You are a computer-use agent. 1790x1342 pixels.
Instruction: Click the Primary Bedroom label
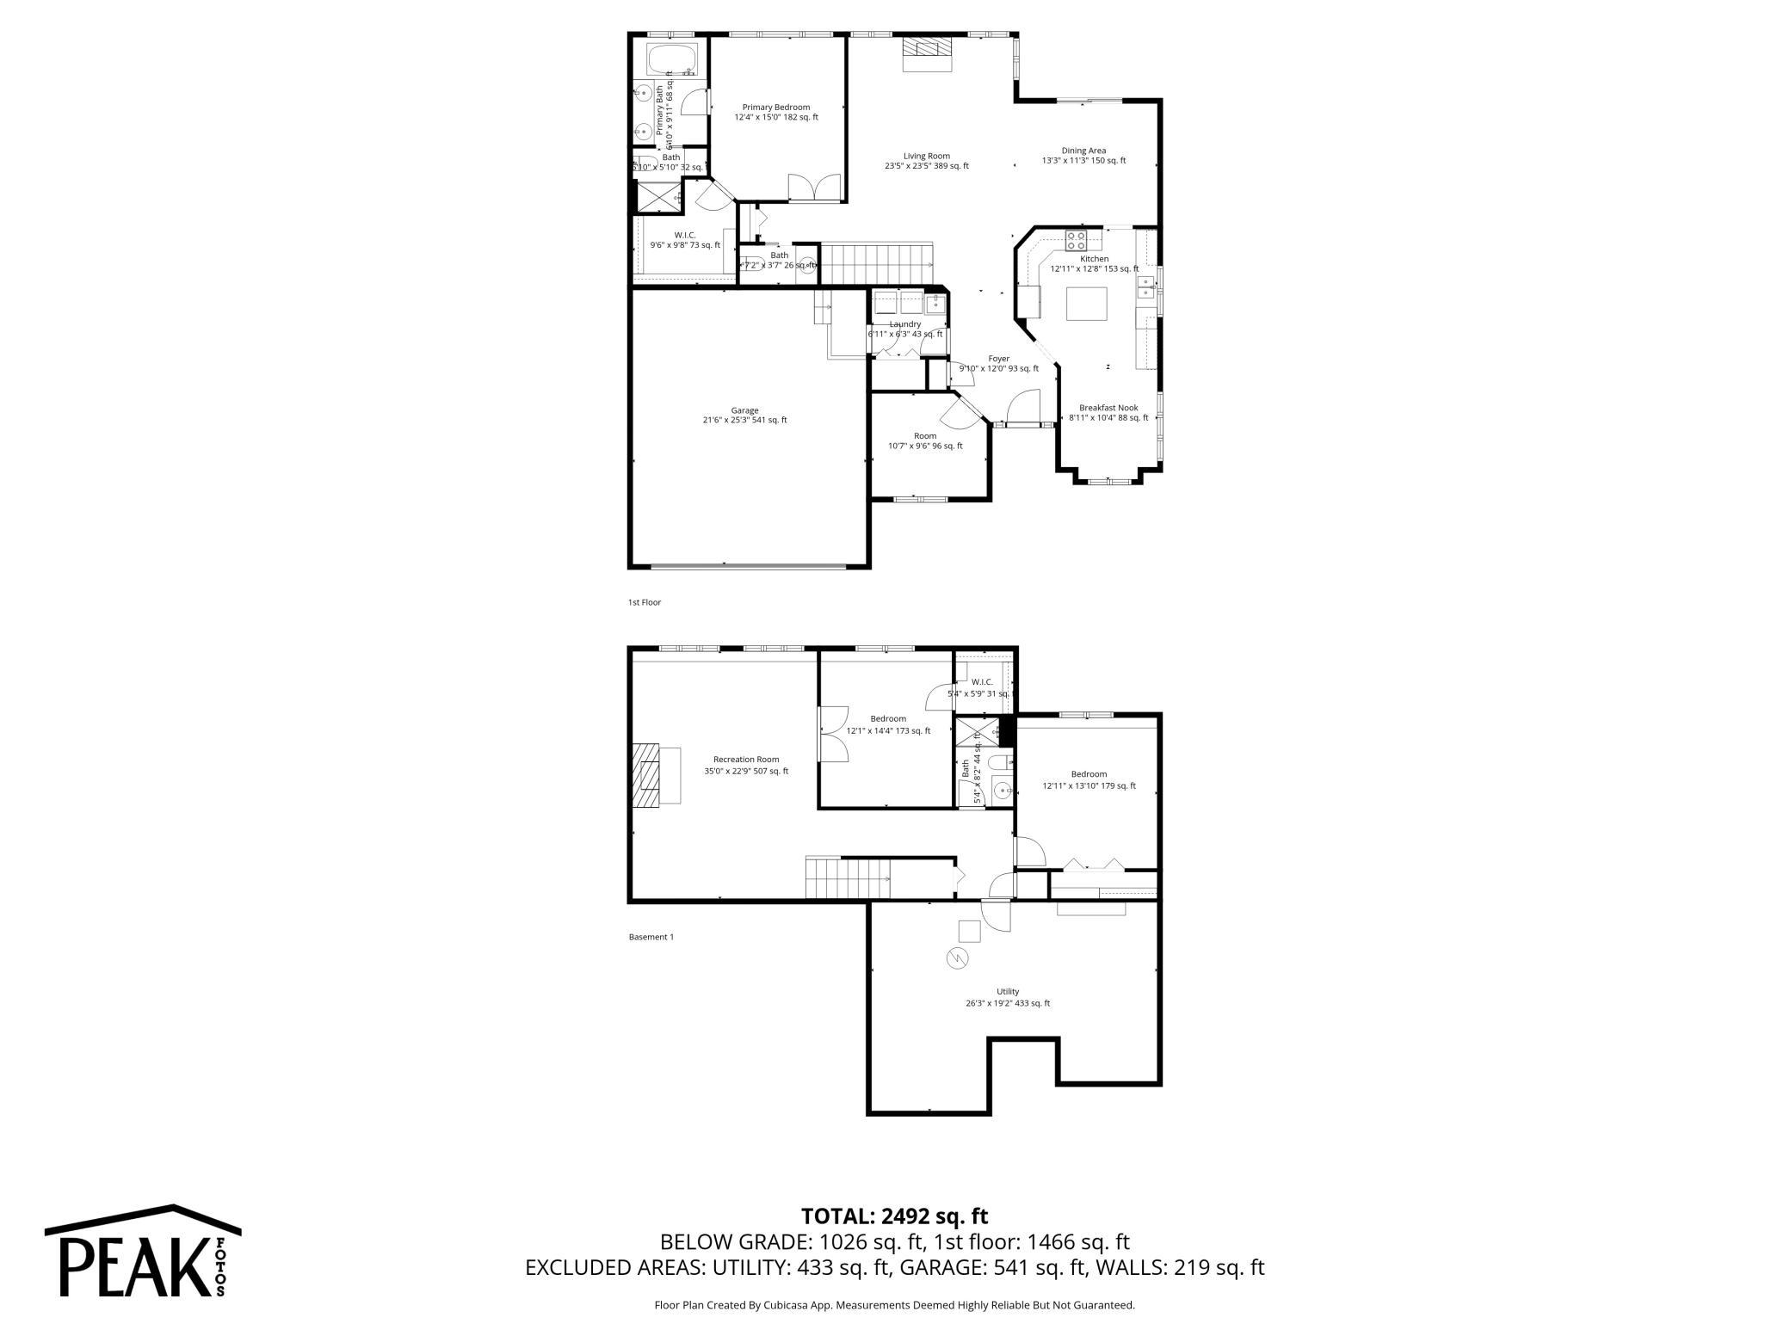775,112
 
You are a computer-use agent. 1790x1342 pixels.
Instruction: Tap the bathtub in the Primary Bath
676,60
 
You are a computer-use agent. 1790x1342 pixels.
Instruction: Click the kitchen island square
1086,304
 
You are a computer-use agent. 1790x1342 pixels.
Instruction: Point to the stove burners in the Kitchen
1076,239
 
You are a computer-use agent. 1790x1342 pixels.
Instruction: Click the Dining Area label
1083,155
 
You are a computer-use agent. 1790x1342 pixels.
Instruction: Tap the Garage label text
744,416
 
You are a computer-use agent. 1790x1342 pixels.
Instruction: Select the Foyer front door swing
1023,406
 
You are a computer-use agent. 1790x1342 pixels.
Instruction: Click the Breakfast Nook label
1108,413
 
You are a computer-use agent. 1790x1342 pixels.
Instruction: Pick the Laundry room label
904,329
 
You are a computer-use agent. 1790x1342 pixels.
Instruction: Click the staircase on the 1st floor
875,262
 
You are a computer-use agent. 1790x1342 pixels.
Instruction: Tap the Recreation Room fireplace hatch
646,775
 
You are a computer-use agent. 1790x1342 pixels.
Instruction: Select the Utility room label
1007,997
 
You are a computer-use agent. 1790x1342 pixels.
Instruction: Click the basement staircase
848,879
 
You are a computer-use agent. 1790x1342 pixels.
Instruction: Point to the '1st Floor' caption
644,602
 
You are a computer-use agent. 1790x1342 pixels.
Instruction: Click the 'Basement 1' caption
651,937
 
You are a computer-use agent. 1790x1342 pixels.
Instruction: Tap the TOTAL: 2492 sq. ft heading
894,1216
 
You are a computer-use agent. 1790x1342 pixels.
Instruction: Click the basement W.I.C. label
982,687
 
